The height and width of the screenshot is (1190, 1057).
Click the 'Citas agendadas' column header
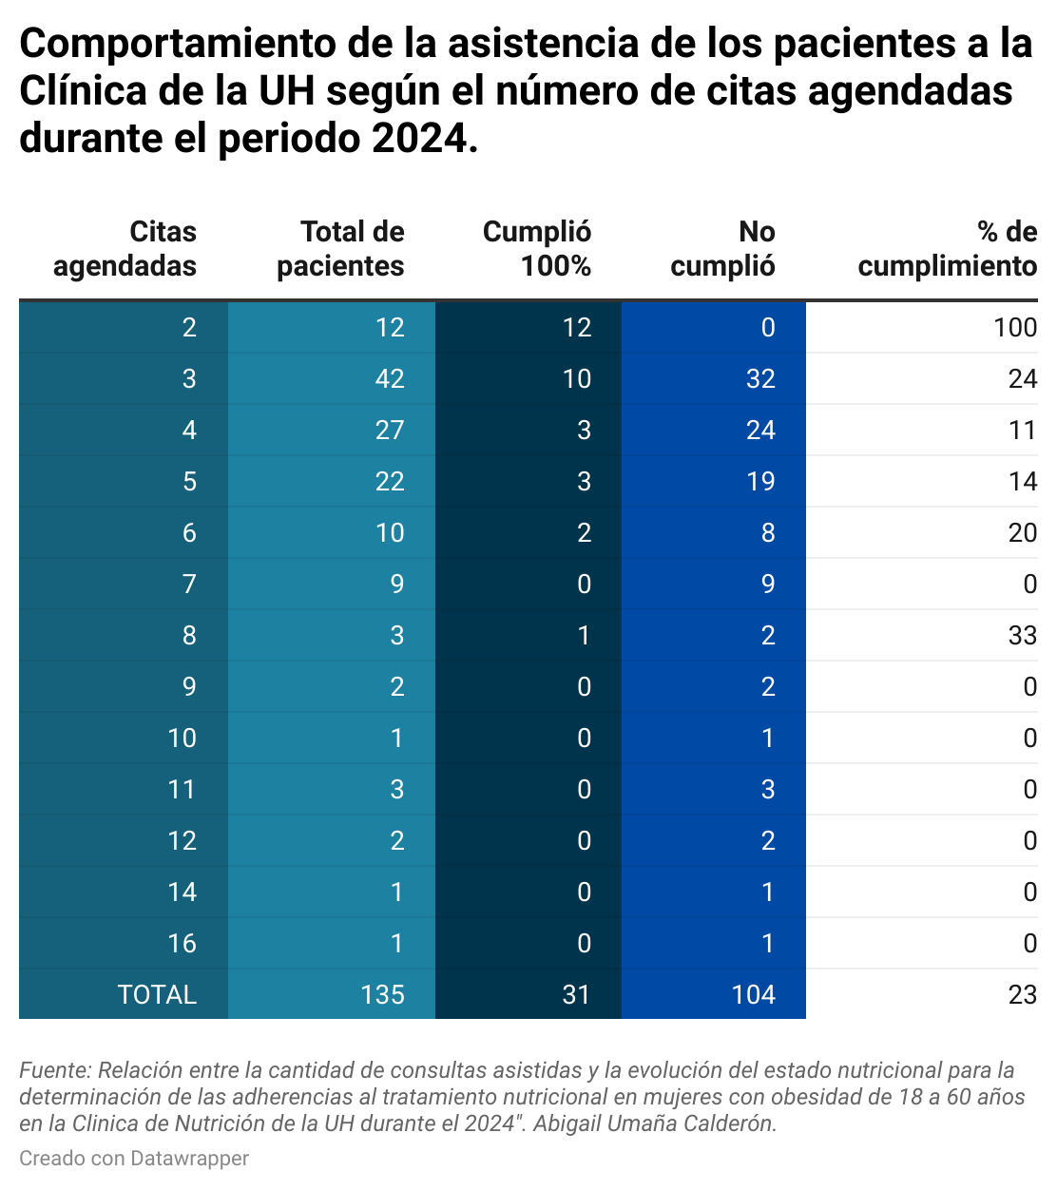[x=125, y=249]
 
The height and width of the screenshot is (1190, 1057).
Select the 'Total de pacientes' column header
[x=340, y=249]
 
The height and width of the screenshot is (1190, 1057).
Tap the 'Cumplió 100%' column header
[x=537, y=249]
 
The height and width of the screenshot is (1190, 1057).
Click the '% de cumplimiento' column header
[x=947, y=249]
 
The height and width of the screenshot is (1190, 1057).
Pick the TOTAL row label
[x=157, y=994]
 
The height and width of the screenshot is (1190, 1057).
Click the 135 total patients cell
[x=382, y=994]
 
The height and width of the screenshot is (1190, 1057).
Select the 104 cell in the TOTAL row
[x=753, y=994]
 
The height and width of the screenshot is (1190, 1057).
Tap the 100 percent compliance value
[x=1014, y=328]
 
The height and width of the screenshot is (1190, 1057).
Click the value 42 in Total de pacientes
[x=390, y=379]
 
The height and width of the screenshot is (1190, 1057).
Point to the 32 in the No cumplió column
[x=760, y=379]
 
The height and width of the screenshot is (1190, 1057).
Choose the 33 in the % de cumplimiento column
[x=1022, y=636]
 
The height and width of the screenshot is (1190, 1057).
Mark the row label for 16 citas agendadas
[x=182, y=943]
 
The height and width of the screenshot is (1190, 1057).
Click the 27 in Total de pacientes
[x=390, y=431]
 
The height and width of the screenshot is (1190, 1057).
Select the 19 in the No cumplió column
[x=760, y=482]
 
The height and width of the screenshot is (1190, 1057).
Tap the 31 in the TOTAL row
[x=576, y=994]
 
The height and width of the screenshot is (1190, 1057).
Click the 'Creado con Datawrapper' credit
[x=134, y=1159]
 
